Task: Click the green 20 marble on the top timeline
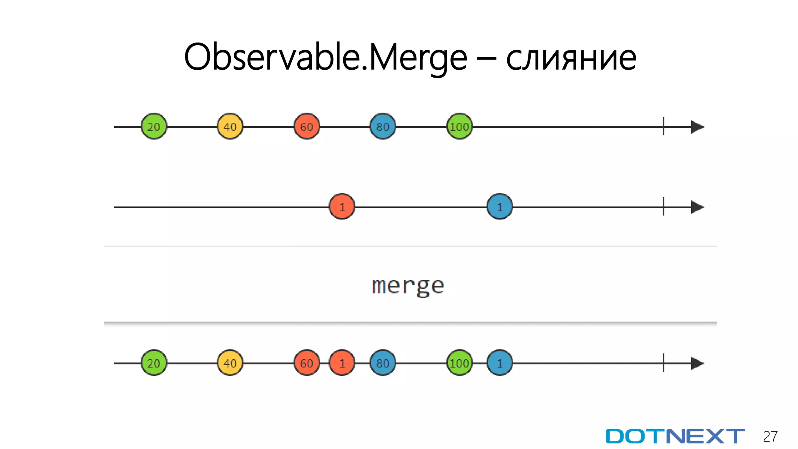[x=154, y=127]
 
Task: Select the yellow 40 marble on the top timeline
[x=230, y=127]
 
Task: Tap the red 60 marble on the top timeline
[x=307, y=127]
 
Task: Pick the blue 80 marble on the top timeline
[x=383, y=127]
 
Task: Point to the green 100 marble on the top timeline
[x=459, y=127]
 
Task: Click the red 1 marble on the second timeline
[x=342, y=207]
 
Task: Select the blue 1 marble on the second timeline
[x=500, y=207]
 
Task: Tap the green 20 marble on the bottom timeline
[x=154, y=363]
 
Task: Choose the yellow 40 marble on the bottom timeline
[x=230, y=363]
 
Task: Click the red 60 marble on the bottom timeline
[x=307, y=363]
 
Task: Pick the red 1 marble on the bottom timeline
[x=342, y=363]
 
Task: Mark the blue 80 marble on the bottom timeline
[x=383, y=363]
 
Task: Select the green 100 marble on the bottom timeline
[x=459, y=363]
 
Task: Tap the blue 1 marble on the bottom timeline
[x=500, y=363]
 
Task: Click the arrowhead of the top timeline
[x=697, y=127]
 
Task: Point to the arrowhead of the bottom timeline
[x=697, y=363]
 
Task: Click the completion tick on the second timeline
[x=663, y=207]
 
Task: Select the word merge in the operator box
[x=408, y=286]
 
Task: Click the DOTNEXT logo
[x=675, y=436]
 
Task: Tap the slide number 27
[x=770, y=437]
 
